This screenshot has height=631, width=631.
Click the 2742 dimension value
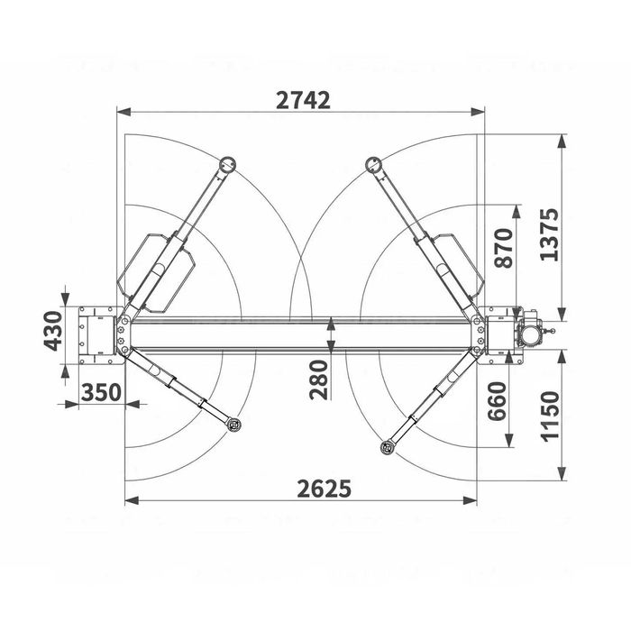(x=303, y=101)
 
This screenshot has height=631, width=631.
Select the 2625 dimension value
(x=324, y=489)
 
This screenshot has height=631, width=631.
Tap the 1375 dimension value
(x=550, y=234)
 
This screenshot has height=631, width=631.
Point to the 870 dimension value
(x=504, y=248)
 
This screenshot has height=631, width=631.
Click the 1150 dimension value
(x=550, y=416)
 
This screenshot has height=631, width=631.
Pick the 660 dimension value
(x=497, y=401)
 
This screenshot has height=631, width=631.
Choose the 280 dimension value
(x=319, y=380)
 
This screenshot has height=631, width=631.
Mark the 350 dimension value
(x=101, y=392)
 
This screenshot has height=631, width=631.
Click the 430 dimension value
(x=53, y=331)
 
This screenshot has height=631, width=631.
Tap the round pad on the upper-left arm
(x=227, y=164)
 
